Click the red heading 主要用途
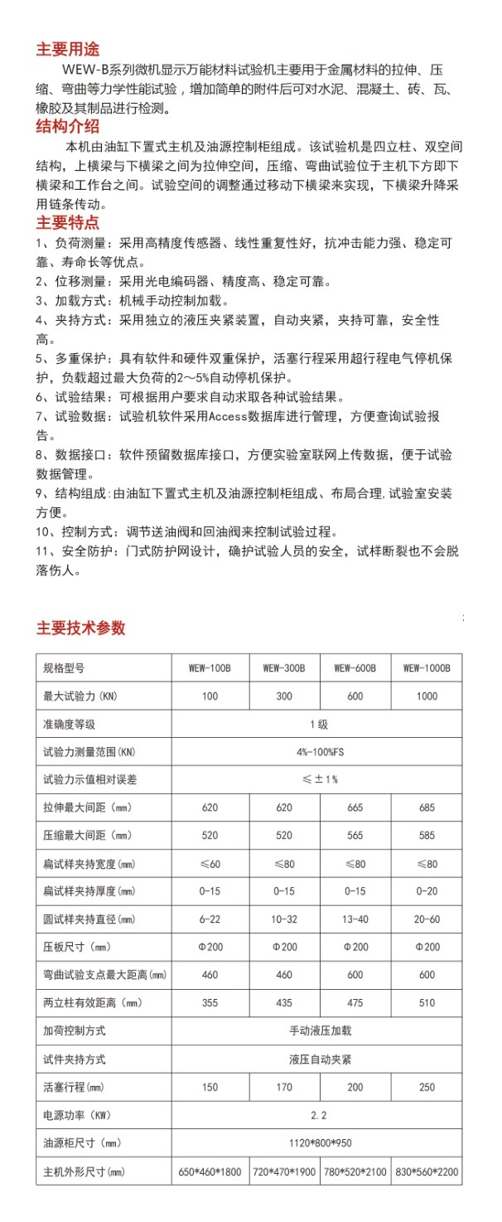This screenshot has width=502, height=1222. [69, 50]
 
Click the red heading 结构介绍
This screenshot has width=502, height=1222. [69, 126]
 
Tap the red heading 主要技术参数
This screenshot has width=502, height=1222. [80, 628]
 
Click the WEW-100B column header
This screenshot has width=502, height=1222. [210, 667]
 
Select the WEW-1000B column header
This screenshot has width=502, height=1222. [427, 667]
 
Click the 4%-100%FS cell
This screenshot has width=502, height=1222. [318, 752]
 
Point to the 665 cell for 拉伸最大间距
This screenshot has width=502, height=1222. [355, 807]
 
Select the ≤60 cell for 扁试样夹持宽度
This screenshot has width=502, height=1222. [210, 864]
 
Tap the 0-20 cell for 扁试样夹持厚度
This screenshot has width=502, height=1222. [427, 891]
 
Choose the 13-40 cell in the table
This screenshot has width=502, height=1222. [355, 919]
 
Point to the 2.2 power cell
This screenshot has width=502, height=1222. [318, 1115]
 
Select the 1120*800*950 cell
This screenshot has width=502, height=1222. [318, 1143]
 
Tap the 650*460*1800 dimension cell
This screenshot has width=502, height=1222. [210, 1171]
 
